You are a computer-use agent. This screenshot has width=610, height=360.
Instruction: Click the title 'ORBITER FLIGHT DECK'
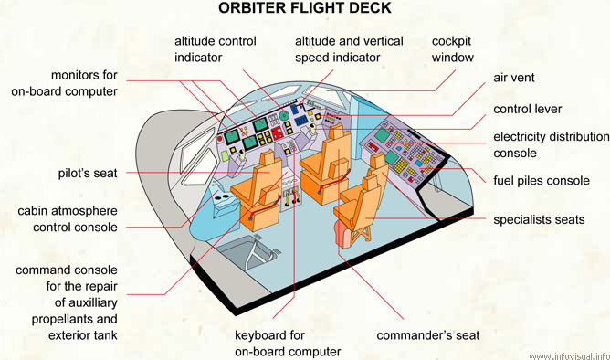click(x=304, y=9)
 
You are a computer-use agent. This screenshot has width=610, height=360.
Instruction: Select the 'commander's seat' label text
click(x=427, y=334)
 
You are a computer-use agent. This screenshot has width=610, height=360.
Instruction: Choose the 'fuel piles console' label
click(x=542, y=180)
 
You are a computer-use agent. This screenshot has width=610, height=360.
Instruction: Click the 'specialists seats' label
click(x=538, y=219)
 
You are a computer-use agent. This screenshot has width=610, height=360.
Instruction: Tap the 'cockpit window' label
click(x=453, y=49)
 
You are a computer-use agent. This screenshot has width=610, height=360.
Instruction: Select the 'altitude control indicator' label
click(x=215, y=49)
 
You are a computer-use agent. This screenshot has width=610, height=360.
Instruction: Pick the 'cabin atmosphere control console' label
click(x=67, y=219)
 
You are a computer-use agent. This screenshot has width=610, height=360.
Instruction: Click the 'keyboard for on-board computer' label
click(x=287, y=343)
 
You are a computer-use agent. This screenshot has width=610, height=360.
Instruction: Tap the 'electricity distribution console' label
click(x=551, y=144)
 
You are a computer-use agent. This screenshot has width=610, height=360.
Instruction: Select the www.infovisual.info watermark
click(x=567, y=355)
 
